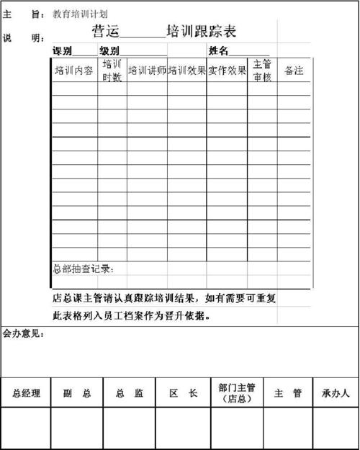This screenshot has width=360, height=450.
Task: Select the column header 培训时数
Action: coord(112,71)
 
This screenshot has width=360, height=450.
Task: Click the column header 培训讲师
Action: coord(147,71)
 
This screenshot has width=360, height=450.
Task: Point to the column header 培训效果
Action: coord(187,71)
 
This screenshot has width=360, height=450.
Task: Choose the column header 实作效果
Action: coord(228,71)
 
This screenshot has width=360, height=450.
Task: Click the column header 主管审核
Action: coord(262,71)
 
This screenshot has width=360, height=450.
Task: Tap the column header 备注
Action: coord(294,71)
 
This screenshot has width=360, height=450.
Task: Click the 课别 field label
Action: coord(63,51)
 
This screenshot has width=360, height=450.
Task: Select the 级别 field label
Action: coord(109,51)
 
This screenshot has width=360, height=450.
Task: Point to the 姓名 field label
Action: coord(219,51)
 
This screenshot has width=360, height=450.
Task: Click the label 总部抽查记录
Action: coord(83,269)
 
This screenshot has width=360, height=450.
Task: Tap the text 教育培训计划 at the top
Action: coord(81,14)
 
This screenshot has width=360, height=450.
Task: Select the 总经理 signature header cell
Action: coord(27,393)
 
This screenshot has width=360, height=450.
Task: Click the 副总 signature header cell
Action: coord(77,393)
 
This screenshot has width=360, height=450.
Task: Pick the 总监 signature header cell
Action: coord(130,393)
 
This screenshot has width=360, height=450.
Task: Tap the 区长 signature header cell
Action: coord(183,393)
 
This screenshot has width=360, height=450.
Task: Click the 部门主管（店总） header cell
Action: coord(237,392)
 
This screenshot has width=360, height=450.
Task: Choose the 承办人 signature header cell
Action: coord(336,393)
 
